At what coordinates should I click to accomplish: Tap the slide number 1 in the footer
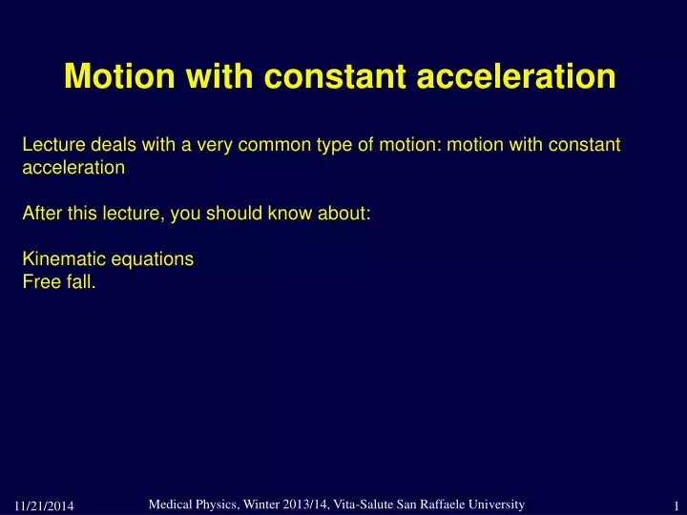tap(674, 504)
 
